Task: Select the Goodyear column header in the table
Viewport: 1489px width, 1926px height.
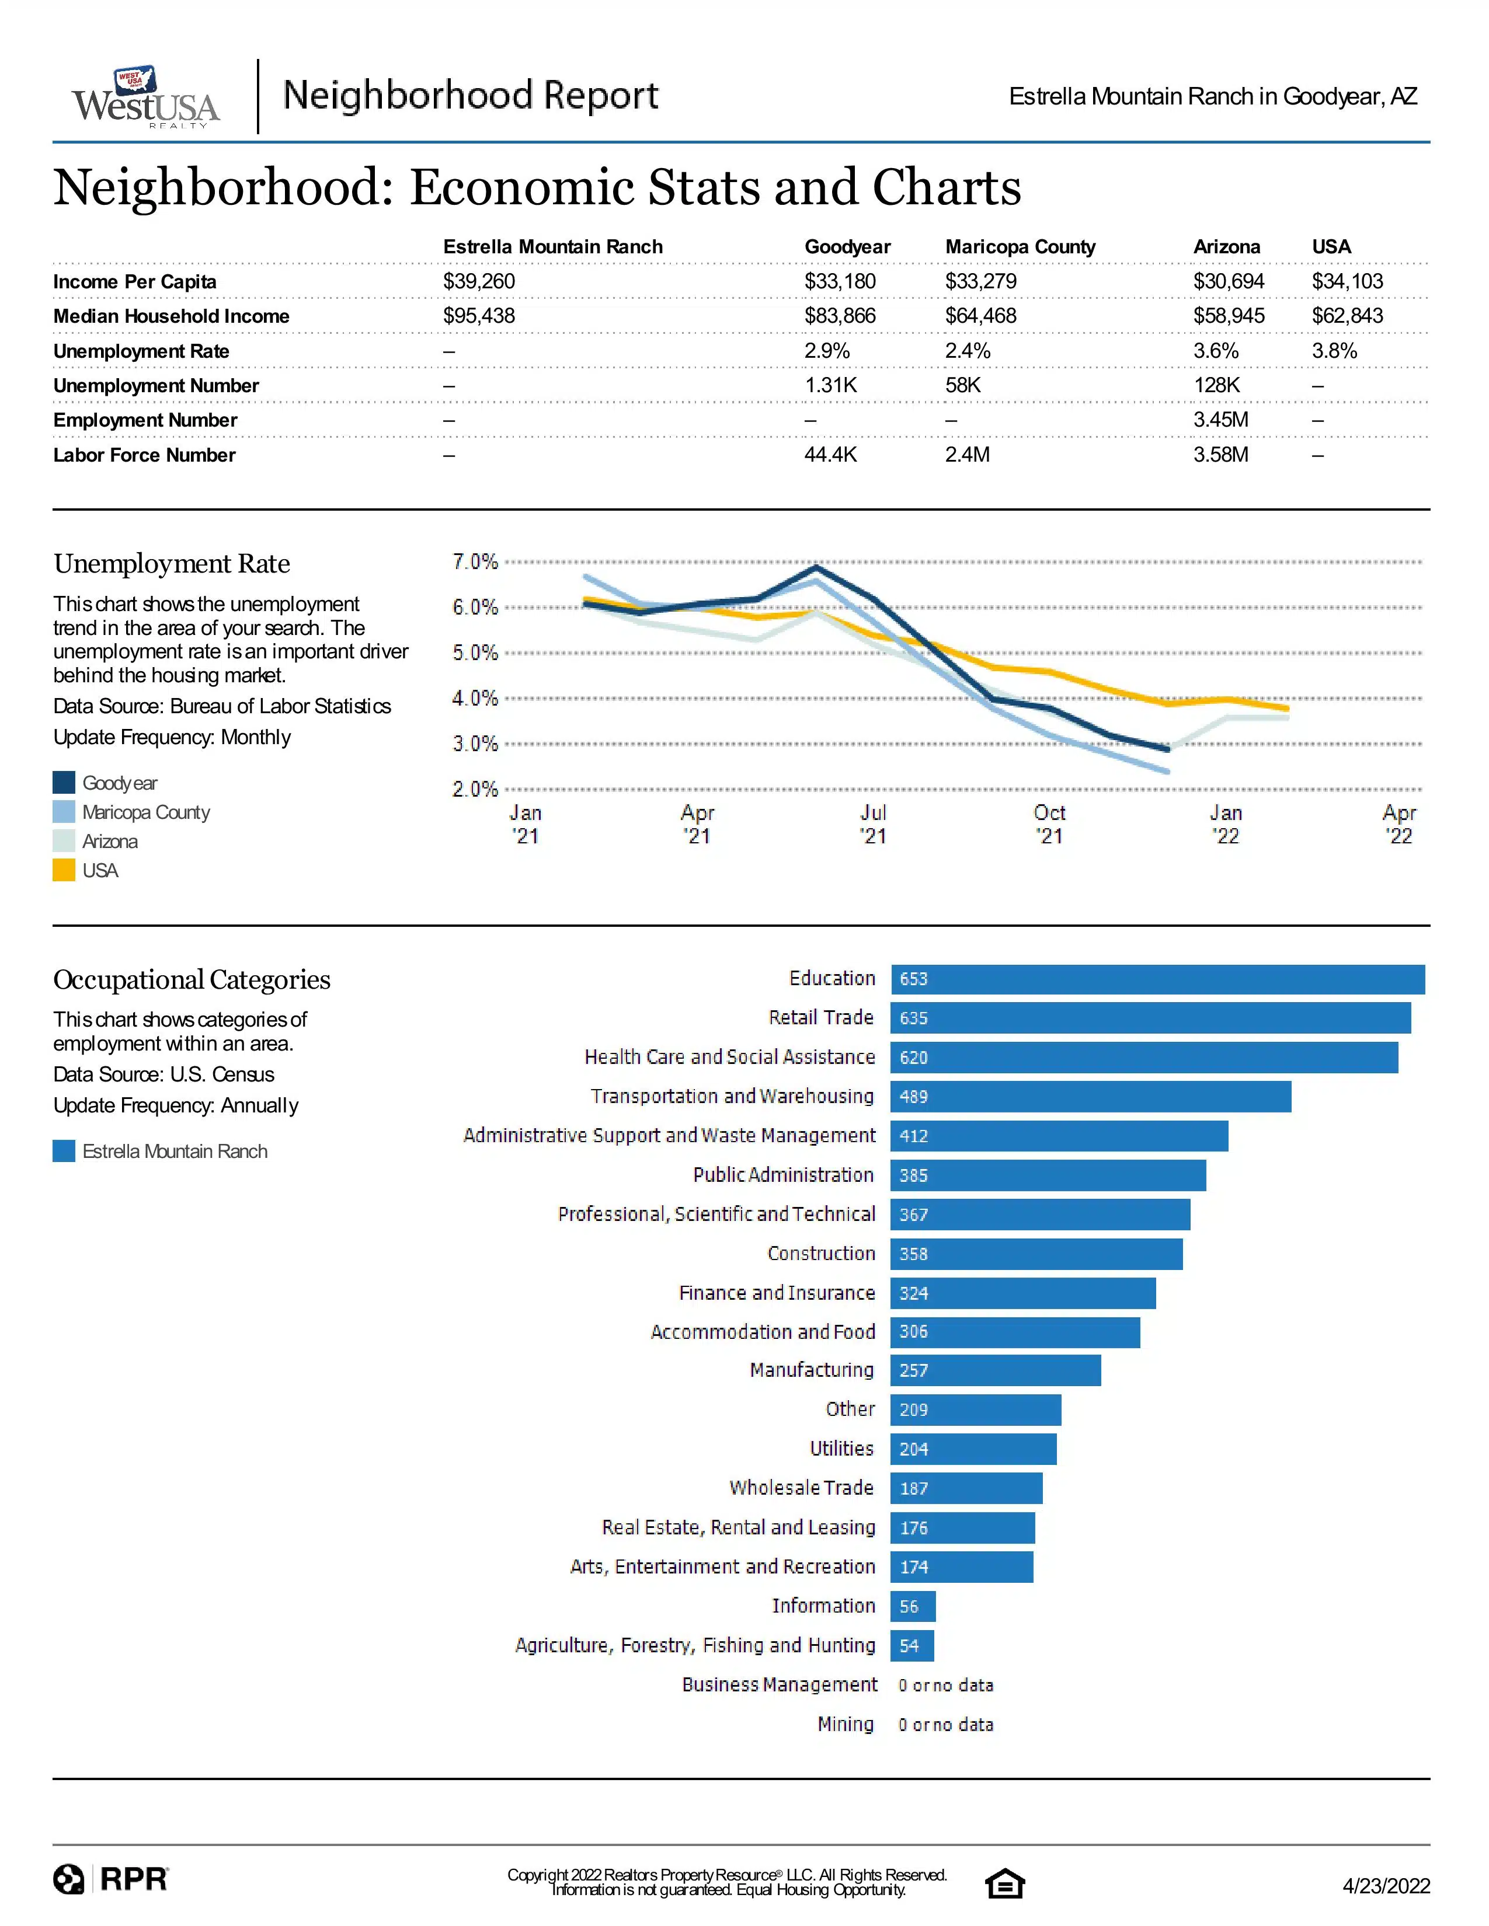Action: point(847,247)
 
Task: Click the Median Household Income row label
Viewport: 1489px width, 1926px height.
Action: point(171,316)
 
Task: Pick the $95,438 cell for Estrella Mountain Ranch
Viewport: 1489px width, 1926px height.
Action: point(479,316)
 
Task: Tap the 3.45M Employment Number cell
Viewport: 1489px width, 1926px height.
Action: point(1221,420)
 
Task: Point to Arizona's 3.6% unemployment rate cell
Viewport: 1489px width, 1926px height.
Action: point(1216,351)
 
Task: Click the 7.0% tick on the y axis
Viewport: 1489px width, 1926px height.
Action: point(475,561)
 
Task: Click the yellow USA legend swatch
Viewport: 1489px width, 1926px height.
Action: point(64,870)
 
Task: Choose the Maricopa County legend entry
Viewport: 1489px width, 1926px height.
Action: point(131,812)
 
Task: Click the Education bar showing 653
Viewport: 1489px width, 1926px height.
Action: point(1157,979)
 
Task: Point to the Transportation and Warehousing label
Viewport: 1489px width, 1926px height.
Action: point(732,1096)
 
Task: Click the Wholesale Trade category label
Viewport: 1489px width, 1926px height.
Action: point(801,1488)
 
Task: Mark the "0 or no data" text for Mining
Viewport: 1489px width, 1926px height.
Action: point(945,1724)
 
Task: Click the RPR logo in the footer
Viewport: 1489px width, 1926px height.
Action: point(110,1879)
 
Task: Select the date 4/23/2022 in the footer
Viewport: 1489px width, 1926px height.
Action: point(1386,1885)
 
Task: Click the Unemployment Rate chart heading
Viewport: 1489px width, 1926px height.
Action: point(172,564)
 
